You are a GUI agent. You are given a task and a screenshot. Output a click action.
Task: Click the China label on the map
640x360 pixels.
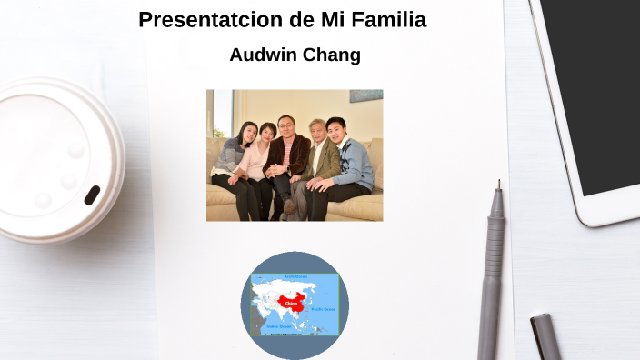click(291, 302)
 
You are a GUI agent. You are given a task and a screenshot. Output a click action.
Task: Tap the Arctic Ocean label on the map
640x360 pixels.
click(296, 275)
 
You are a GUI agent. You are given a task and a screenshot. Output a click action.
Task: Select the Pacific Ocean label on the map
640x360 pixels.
click(325, 309)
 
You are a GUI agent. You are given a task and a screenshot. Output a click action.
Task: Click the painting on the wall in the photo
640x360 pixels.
click(365, 95)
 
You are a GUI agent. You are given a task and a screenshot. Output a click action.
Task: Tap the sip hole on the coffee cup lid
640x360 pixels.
click(92, 195)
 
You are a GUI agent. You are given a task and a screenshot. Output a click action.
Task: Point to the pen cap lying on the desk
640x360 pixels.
click(546, 336)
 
